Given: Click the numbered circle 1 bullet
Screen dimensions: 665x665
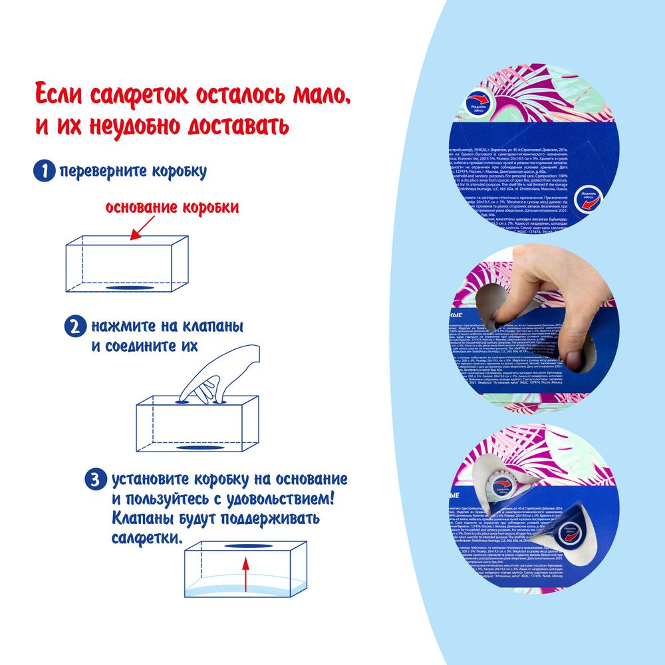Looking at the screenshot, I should (x=44, y=171).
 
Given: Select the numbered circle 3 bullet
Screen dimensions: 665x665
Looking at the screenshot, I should (x=96, y=479).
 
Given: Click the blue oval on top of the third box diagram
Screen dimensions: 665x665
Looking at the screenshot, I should (x=246, y=545).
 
